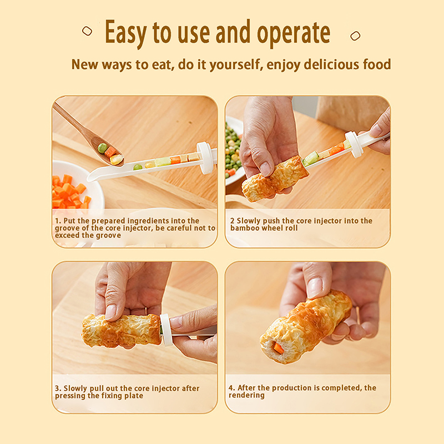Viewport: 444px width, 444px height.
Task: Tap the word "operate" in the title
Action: (294, 34)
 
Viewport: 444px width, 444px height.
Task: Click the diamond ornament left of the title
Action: (87, 31)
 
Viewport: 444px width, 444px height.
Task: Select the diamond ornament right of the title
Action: (355, 36)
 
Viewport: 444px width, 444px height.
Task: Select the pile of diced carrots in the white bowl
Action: (70, 192)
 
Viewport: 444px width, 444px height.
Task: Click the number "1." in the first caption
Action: (58, 221)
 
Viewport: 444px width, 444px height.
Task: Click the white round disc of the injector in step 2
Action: (354, 144)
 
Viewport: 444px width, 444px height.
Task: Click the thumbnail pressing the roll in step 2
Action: (265, 169)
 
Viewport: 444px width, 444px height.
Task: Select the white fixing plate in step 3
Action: (166, 330)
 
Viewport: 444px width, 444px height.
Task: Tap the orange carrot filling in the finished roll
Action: (279, 348)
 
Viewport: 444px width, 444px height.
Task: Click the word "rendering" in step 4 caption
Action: (246, 395)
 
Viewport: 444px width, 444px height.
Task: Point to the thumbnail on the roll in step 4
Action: (315, 287)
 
